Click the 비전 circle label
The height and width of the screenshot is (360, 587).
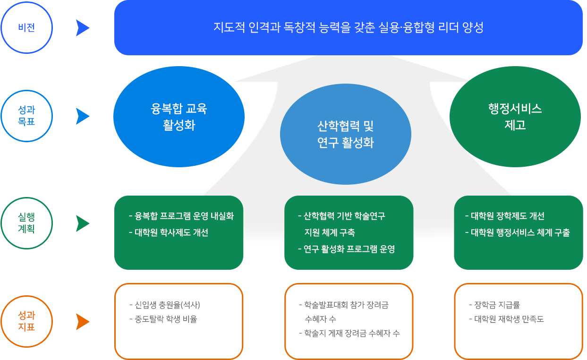click(26, 27)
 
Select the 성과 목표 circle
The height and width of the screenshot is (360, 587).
click(26, 116)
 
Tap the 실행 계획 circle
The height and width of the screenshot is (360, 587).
click(26, 223)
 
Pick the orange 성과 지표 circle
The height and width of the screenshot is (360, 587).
click(26, 321)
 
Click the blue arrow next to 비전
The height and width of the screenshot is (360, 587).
click(82, 28)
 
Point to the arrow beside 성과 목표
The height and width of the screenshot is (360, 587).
click(82, 116)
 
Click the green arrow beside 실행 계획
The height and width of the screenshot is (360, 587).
click(82, 223)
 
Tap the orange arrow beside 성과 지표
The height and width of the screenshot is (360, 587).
click(82, 322)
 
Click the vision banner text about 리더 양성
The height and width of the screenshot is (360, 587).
click(348, 27)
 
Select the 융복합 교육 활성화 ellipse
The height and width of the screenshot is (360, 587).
click(179, 116)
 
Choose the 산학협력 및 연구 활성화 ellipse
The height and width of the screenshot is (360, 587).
click(346, 134)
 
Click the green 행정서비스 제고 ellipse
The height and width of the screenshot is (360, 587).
click(515, 116)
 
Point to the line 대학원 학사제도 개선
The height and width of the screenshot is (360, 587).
click(169, 232)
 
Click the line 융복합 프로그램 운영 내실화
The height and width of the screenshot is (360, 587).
click(181, 216)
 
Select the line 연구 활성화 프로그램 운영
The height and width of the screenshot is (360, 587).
click(347, 249)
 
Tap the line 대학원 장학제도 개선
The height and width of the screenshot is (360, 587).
click(505, 216)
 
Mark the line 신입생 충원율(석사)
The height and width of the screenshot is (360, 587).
click(165, 305)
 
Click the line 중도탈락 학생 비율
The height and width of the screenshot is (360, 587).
click(163, 319)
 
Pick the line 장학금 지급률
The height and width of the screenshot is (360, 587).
click(494, 305)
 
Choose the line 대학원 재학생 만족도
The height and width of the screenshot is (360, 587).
click(507, 319)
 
